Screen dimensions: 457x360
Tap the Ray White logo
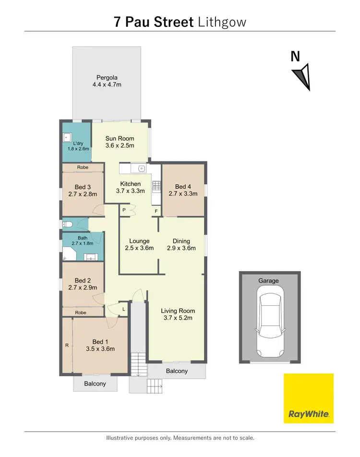pos(308,398)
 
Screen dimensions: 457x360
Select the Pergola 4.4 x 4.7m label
pos(107,81)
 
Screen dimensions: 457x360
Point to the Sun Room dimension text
pos(120,146)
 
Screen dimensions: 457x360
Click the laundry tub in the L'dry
pos(67,136)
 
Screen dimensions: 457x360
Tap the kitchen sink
pos(141,168)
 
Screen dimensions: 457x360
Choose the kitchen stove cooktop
pos(156,185)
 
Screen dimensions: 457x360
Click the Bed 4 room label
pos(183,190)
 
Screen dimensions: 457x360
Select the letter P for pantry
pos(124,210)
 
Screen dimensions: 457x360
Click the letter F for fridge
pos(156,211)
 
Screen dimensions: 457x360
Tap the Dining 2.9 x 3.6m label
pos(181,245)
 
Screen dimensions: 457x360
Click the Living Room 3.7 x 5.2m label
pos(178,314)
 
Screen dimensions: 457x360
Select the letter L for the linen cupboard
pos(123,309)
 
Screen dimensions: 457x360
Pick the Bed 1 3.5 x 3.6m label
pos(99,346)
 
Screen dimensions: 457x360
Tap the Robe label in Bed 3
pos(83,168)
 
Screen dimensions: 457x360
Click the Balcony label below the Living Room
pos(177,371)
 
